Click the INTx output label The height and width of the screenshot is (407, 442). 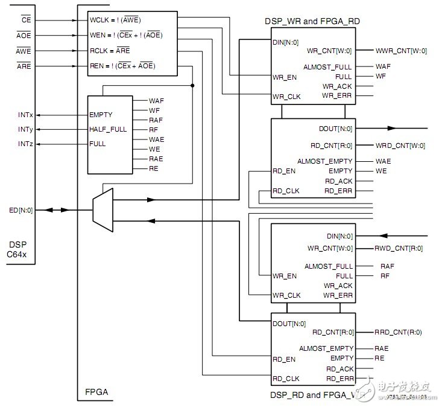pyautogui.click(x=26, y=114)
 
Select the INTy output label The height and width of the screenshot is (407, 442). pyautogui.click(x=26, y=129)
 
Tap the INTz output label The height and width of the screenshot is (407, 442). pyautogui.click(x=26, y=144)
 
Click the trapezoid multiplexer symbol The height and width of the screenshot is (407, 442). pyautogui.click(x=103, y=210)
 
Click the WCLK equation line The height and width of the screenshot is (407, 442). pyautogui.click(x=115, y=19)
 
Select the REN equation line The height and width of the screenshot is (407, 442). pyautogui.click(x=122, y=66)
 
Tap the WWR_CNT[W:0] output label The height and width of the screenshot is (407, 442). pyautogui.click(x=401, y=51)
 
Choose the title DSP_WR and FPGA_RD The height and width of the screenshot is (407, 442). pyautogui.click(x=312, y=21)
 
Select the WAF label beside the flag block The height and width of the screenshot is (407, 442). pyautogui.click(x=156, y=101)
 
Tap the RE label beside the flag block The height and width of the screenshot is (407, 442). pyautogui.click(x=153, y=168)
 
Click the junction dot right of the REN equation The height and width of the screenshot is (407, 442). pyautogui.click(x=192, y=86)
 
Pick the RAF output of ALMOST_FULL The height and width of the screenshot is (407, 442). pyautogui.click(x=385, y=266)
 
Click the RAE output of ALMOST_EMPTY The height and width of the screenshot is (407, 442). pyautogui.click(x=382, y=348)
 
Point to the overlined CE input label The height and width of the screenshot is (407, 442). pyautogui.click(x=25, y=21)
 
